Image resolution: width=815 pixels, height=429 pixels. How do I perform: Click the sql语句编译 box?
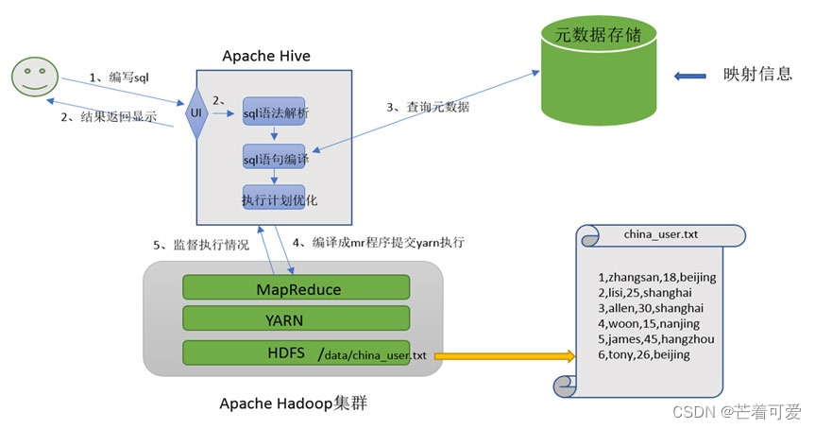point(275,160)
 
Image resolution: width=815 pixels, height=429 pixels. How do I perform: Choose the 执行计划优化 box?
point(274,199)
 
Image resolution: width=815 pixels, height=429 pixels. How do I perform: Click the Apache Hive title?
point(266,57)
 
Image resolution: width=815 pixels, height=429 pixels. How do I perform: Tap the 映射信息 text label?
point(758,75)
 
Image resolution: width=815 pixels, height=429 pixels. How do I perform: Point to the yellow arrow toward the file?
point(505,356)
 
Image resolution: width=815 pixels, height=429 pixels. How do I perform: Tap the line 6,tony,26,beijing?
point(644,354)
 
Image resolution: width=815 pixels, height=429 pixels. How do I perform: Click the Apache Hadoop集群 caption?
point(294,403)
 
